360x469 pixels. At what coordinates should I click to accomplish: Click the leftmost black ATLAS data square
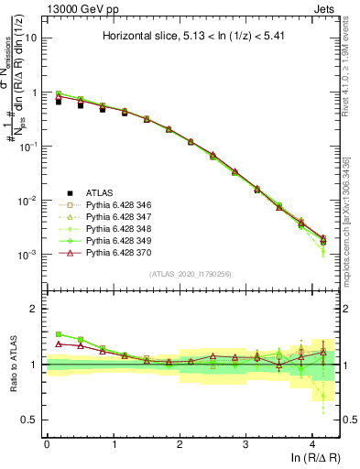click(x=58, y=101)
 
